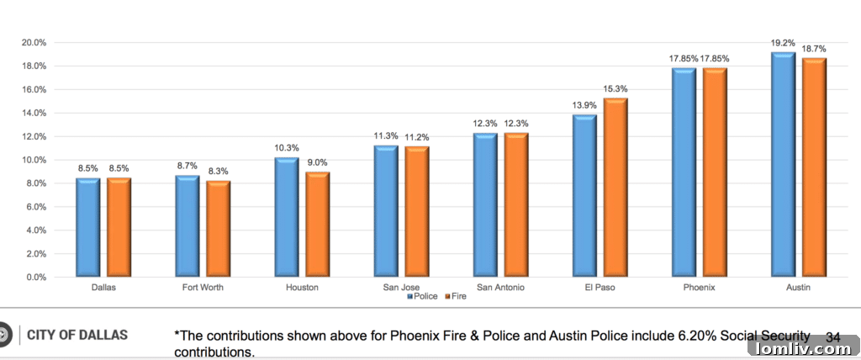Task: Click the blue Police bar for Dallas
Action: coord(88,227)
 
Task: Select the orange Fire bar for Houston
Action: coord(318,224)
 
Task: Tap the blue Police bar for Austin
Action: coord(784,164)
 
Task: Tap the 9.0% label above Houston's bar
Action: coord(318,163)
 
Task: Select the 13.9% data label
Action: coord(584,104)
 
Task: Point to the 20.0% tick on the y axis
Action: coord(34,43)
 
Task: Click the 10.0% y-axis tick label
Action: coord(34,160)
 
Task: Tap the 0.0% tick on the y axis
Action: coord(35,277)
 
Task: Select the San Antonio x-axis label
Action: coord(500,288)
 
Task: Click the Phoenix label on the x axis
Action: coord(700,288)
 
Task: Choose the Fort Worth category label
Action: coord(203,288)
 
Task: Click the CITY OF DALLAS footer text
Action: coord(77,336)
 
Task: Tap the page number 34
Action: coord(833,336)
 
